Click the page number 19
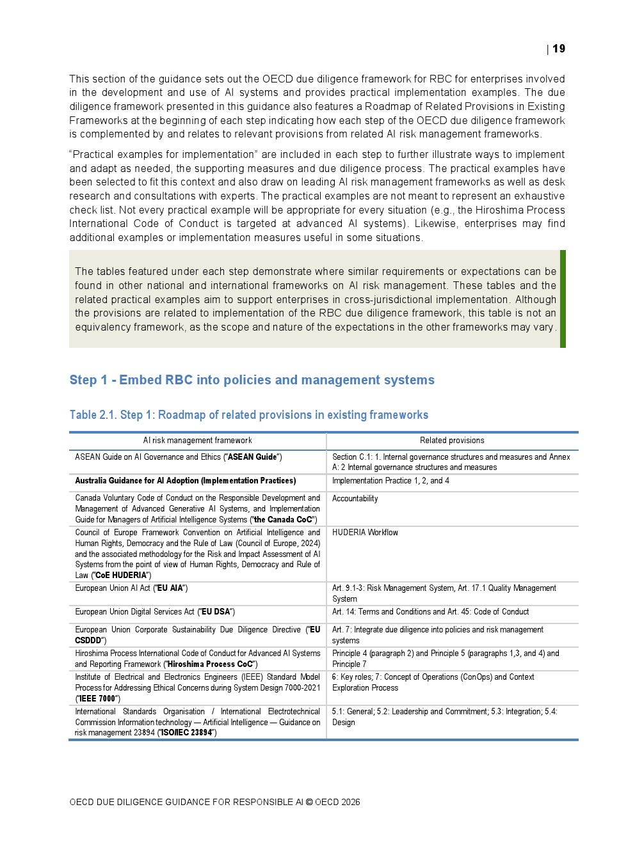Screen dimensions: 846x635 pyautogui.click(x=559, y=49)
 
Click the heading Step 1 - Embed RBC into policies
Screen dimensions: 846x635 pyautogui.click(x=252, y=380)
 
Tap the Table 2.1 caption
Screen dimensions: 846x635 pyautogui.click(x=248, y=415)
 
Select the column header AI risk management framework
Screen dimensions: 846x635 pyautogui.click(x=197, y=441)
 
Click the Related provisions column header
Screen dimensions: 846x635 pyautogui.click(x=452, y=441)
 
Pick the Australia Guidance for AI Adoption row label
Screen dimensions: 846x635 pyautogui.click(x=185, y=481)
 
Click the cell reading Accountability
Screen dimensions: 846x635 pyautogui.click(x=355, y=499)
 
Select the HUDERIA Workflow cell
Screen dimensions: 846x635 pyautogui.click(x=365, y=533)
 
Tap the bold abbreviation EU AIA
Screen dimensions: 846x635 pyautogui.click(x=171, y=588)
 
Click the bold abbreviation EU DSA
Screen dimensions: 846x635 pyautogui.click(x=216, y=612)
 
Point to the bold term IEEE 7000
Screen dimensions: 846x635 pyautogui.click(x=97, y=699)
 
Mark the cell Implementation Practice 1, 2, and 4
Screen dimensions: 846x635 pyautogui.click(x=390, y=481)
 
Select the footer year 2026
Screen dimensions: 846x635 pyautogui.click(x=350, y=802)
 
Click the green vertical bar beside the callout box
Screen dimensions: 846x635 pyautogui.click(x=563, y=299)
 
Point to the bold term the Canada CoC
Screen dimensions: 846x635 pyautogui.click(x=284, y=520)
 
